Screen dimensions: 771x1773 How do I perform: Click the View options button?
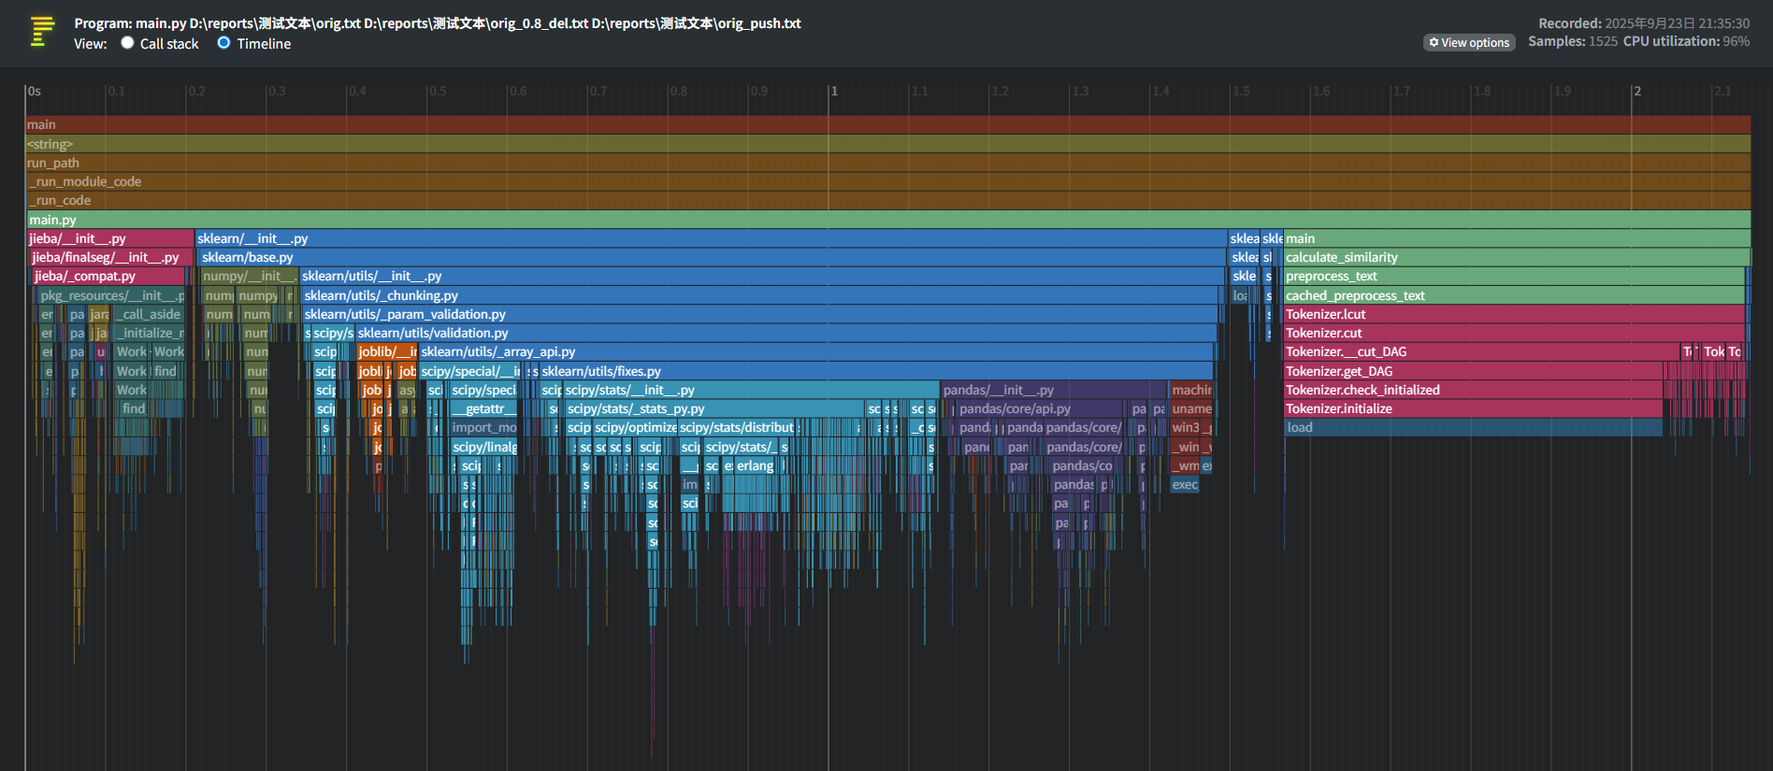(1469, 43)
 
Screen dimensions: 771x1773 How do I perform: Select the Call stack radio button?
(128, 43)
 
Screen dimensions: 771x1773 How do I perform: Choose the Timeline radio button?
(224, 43)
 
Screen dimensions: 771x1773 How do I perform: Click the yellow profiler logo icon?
(42, 31)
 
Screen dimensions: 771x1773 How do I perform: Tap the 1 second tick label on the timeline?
(834, 92)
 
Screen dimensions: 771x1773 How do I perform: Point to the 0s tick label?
(35, 92)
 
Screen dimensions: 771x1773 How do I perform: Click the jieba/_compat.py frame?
(108, 277)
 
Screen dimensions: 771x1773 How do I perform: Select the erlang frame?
(755, 466)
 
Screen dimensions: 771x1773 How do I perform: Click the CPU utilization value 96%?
(1737, 41)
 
